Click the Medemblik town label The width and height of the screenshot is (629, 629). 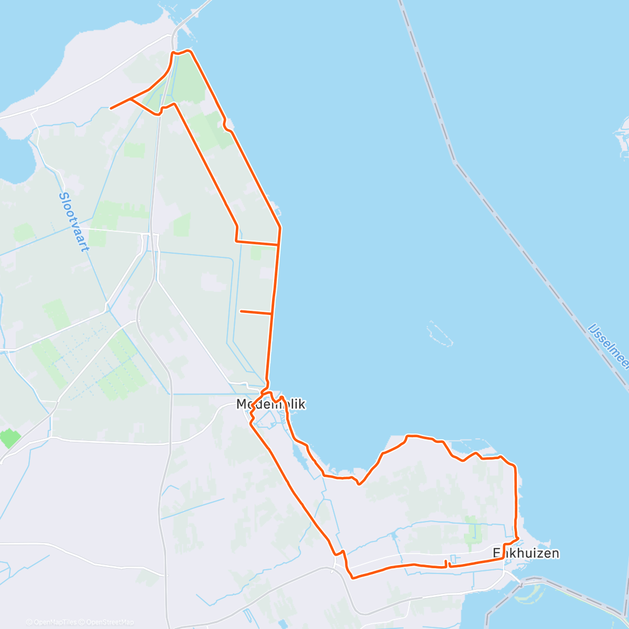(x=270, y=404)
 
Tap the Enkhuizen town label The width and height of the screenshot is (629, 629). (x=526, y=553)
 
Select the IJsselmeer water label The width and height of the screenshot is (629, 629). (x=609, y=345)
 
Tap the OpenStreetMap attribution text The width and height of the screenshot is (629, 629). (x=109, y=622)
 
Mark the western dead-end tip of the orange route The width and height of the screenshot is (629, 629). (x=111, y=108)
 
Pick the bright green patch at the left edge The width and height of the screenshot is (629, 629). (x=10, y=438)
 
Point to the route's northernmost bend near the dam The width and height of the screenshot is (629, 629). (x=181, y=51)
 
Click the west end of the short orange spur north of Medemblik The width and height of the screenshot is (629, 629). (x=241, y=311)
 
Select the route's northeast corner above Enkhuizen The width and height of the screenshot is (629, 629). (x=515, y=466)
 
